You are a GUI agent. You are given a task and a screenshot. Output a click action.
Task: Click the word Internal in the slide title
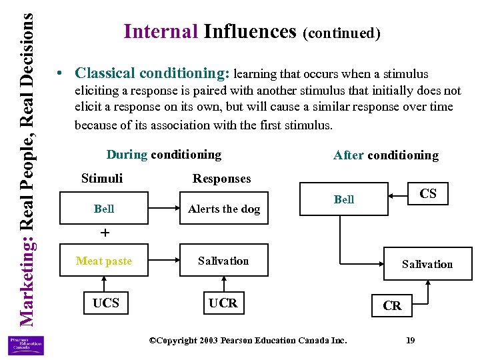[x=161, y=31]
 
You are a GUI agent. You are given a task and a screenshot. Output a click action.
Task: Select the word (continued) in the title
[x=341, y=33]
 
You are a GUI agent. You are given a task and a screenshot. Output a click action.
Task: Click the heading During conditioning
[x=163, y=155]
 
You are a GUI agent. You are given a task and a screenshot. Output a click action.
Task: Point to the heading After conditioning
[x=386, y=155]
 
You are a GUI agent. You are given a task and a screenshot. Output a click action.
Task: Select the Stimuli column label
[x=101, y=178]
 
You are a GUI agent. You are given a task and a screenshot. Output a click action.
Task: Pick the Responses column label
[x=221, y=179]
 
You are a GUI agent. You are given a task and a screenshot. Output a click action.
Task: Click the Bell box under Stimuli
[x=104, y=209]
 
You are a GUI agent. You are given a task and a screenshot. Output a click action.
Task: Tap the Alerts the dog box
[x=223, y=209]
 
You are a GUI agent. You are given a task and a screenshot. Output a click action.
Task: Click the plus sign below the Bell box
[x=104, y=233]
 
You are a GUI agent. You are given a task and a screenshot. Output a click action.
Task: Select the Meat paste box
[x=104, y=261]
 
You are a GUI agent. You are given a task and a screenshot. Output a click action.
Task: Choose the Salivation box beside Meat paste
[x=223, y=261]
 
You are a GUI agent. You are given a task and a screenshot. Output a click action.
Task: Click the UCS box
[x=106, y=303]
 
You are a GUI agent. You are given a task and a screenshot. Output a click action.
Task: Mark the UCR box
[x=223, y=303]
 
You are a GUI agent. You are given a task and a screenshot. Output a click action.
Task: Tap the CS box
[x=427, y=194]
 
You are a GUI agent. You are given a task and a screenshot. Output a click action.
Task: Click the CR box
[x=392, y=306]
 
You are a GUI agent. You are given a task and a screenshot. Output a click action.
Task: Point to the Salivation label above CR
[x=427, y=265]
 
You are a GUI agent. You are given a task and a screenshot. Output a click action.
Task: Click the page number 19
[x=410, y=341]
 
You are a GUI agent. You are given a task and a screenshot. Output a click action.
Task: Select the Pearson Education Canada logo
[x=25, y=345]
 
